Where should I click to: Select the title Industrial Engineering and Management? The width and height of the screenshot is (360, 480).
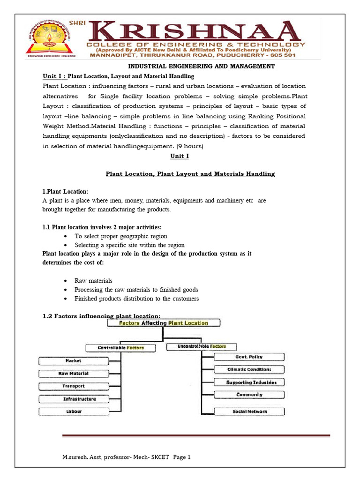coord(202,66)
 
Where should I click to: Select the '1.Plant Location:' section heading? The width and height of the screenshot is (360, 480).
coord(65,192)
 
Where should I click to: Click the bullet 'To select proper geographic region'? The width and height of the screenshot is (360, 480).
coord(120,236)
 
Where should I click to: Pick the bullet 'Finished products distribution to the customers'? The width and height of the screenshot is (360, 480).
coord(136,299)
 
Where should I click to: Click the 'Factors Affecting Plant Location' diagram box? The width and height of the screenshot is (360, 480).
coord(164,323)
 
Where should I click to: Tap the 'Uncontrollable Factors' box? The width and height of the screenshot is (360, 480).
coord(197,346)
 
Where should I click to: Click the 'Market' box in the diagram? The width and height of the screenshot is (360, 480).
coord(73,361)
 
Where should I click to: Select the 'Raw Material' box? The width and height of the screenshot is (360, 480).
coord(73,374)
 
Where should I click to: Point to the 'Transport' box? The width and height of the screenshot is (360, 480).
coord(73,386)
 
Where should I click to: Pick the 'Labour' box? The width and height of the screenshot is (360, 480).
coord(73,412)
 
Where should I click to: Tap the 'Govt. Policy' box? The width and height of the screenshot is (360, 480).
coord(249,357)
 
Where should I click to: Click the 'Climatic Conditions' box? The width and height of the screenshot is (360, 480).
coord(249,369)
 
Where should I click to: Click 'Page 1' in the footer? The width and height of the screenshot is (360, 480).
coord(182,457)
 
